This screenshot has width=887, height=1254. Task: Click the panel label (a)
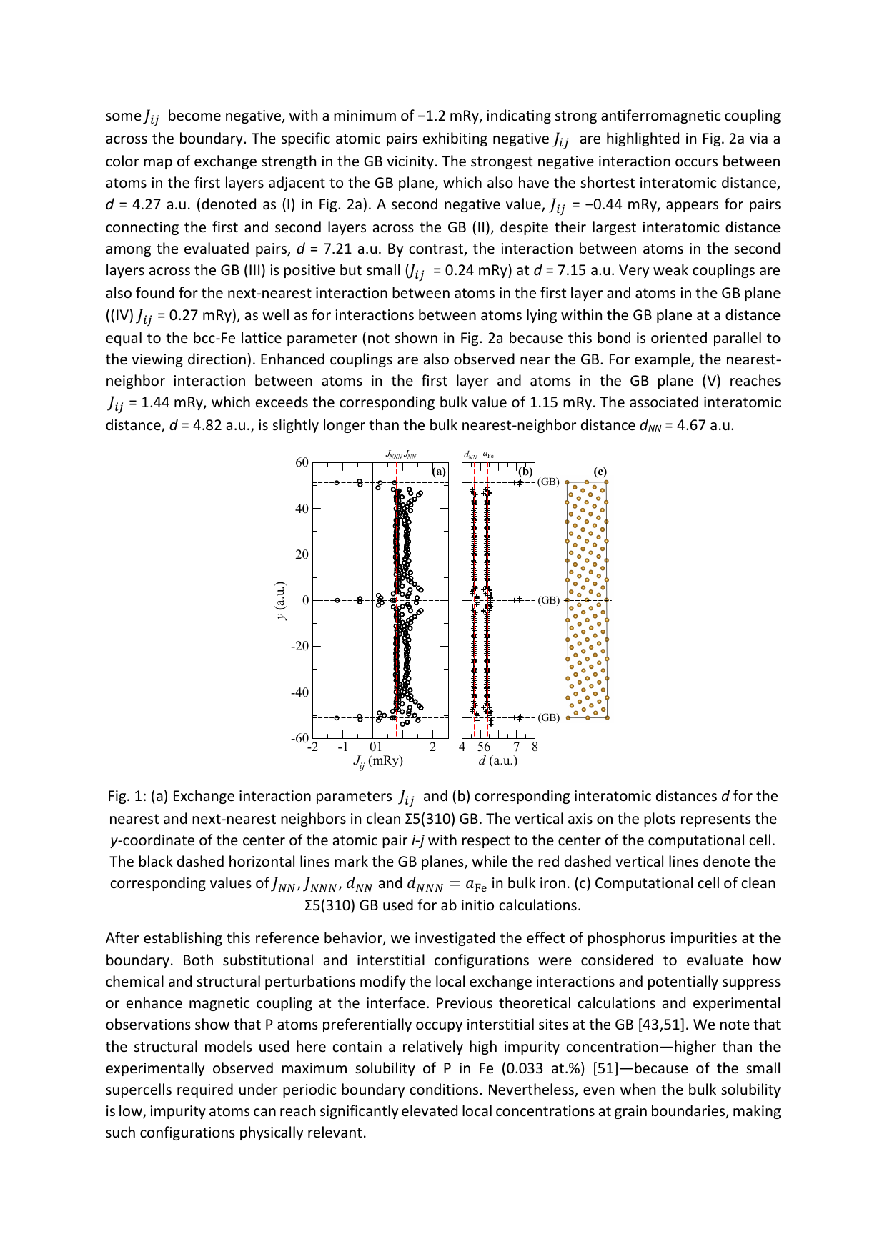(440, 472)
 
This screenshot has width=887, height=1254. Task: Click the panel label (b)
(525, 472)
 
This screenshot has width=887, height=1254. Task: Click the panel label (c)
(600, 472)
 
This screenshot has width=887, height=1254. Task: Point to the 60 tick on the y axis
(302, 462)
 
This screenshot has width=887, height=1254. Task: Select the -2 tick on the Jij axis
(312, 747)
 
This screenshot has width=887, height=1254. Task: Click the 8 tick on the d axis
(535, 747)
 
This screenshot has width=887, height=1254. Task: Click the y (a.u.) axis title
(281, 600)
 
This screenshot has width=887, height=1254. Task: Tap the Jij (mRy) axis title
(377, 761)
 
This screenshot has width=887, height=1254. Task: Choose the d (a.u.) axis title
(498, 761)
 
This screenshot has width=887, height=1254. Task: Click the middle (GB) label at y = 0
(548, 600)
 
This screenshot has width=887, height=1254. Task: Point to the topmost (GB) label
(548, 482)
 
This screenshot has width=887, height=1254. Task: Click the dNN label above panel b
(470, 454)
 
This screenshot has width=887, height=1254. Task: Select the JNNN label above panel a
(394, 454)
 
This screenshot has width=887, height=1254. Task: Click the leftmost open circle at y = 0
(337, 600)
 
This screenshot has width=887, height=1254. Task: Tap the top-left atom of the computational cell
(568, 483)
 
